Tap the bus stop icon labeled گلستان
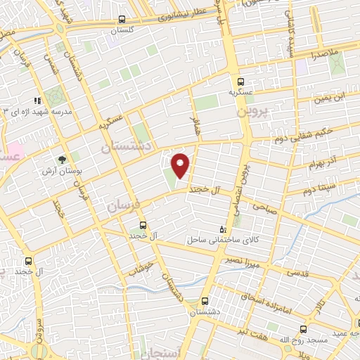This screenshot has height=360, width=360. [x=122, y=20]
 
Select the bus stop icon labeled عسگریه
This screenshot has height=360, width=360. [x=241, y=81]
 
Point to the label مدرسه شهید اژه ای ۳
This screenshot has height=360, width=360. [x=32, y=112]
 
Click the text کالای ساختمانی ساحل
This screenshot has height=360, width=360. [x=217, y=240]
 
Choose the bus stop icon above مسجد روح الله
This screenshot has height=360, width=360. [x=304, y=329]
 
